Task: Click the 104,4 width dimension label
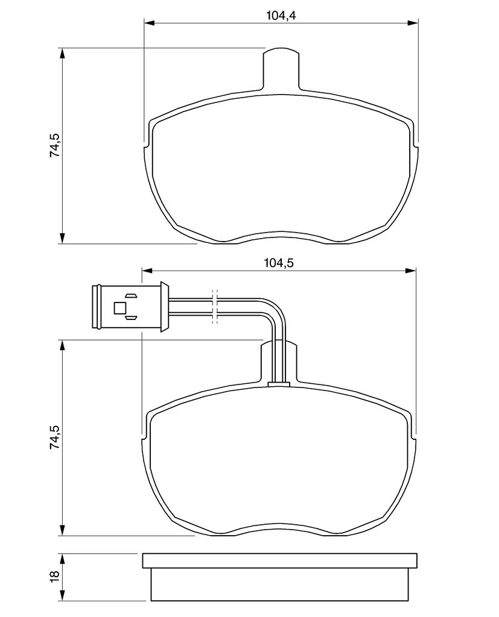tap(281, 16)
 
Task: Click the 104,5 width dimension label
tap(279, 263)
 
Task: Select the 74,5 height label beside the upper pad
tap(55, 146)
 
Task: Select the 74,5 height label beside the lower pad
tap(55, 437)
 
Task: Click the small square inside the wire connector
tap(120, 308)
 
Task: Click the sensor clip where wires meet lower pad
tap(279, 384)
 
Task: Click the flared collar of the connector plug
tap(164, 307)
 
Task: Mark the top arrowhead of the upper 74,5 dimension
tap(62, 54)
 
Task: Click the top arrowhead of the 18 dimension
tap(62, 559)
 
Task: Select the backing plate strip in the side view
tap(279, 561)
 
